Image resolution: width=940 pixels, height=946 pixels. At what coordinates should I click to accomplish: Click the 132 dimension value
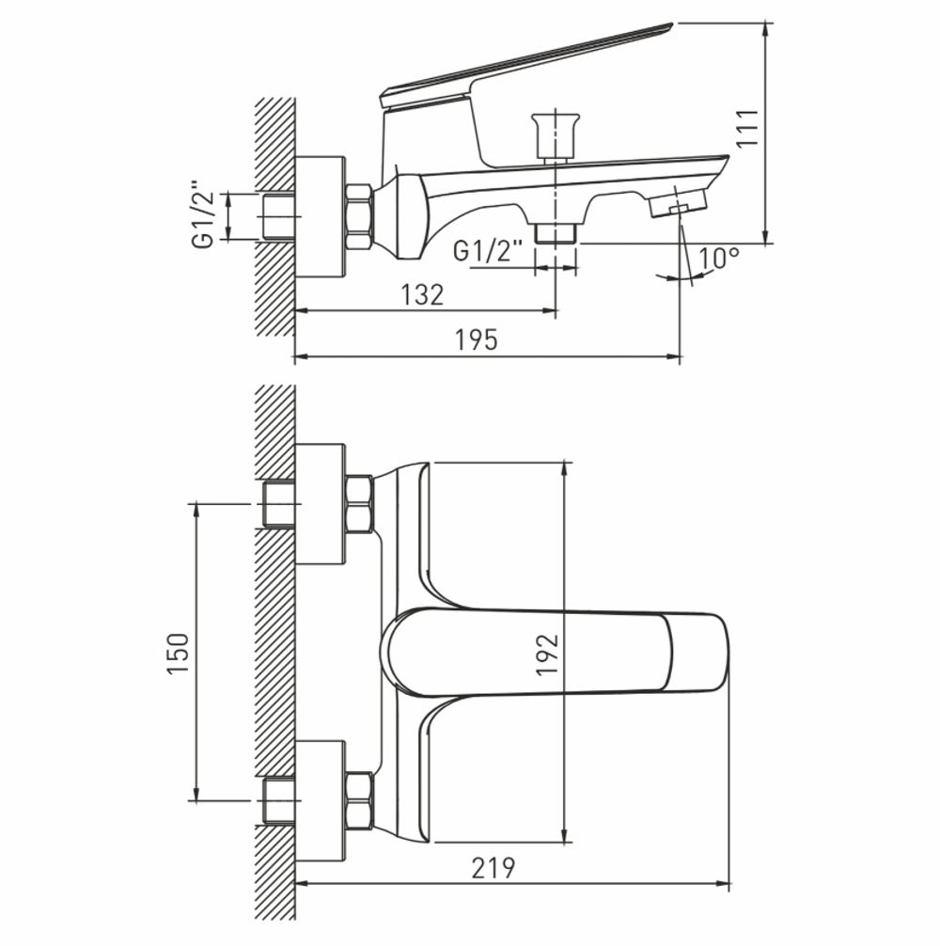[422, 294]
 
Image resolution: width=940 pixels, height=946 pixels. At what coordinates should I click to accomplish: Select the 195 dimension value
[477, 340]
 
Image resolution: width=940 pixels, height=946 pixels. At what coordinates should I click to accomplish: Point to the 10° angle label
[719, 258]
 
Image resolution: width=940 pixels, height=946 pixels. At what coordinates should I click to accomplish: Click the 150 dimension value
[179, 652]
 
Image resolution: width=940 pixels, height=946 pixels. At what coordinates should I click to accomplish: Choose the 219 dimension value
[493, 868]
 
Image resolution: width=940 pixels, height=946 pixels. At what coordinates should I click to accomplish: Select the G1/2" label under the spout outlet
[487, 251]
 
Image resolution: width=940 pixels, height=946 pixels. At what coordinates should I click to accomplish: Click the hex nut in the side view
[359, 216]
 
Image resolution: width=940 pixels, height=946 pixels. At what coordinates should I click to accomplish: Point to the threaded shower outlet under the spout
[555, 232]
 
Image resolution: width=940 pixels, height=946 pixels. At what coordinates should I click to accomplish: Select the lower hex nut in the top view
[359, 800]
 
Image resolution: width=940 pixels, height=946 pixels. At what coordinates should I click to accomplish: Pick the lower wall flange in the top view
[320, 800]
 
